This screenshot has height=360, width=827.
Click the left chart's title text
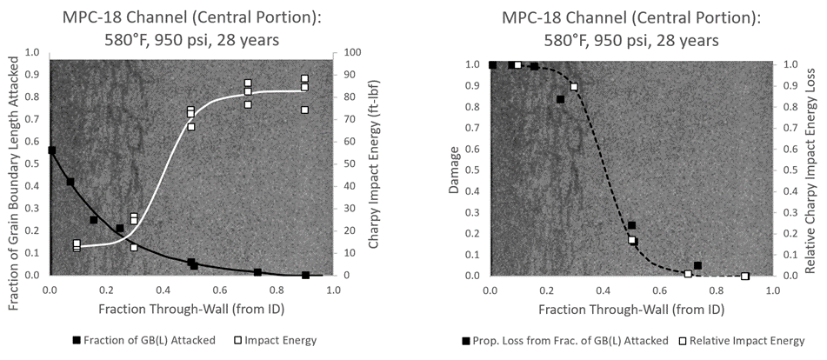(x=190, y=26)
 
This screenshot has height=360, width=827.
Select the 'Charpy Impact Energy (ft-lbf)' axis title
(x=374, y=163)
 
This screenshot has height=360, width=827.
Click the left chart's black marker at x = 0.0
(x=51, y=150)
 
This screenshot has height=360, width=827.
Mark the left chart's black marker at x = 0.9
(x=305, y=275)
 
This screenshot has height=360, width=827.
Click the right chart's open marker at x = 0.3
(x=574, y=87)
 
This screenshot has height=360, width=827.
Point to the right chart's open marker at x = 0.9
(x=744, y=276)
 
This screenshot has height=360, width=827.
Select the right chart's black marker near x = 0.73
(x=697, y=265)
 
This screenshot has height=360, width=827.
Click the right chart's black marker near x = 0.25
(x=560, y=99)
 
